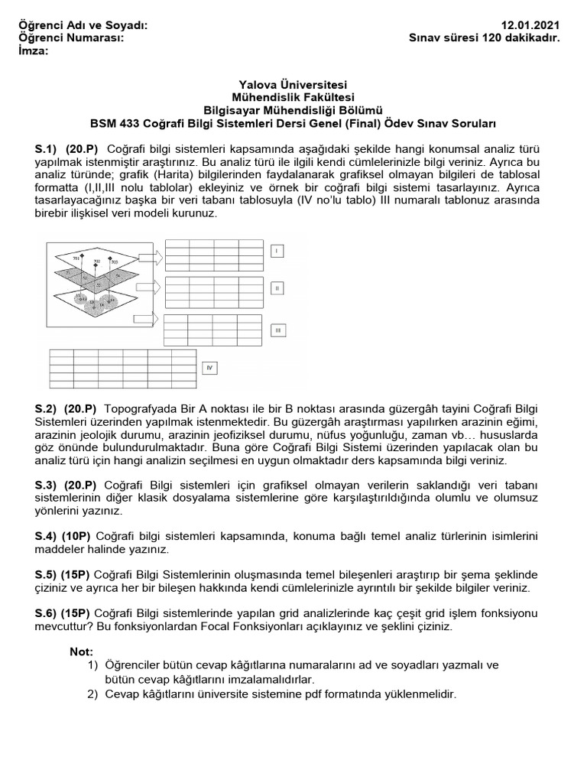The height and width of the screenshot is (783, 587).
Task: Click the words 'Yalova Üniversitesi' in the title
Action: click(x=293, y=85)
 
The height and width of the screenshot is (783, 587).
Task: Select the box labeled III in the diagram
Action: click(x=279, y=330)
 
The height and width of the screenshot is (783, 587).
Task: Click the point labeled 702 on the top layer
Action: click(x=96, y=262)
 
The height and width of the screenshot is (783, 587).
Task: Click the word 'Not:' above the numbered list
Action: click(x=81, y=651)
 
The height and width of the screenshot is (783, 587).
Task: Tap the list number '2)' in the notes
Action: click(x=93, y=694)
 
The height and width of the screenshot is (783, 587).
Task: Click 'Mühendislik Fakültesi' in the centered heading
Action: click(x=293, y=97)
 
